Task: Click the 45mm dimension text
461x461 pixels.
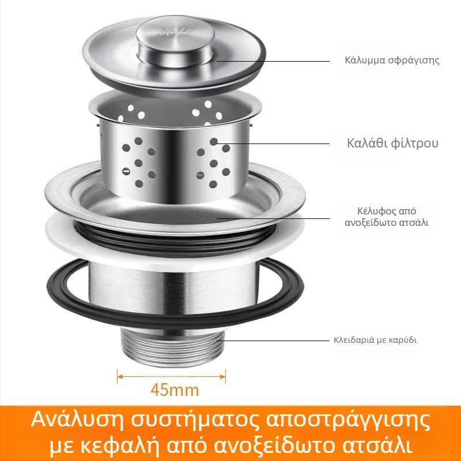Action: [x=174, y=390]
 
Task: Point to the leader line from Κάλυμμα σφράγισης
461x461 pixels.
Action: [x=277, y=60]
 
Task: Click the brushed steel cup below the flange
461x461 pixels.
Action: [x=173, y=294]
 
